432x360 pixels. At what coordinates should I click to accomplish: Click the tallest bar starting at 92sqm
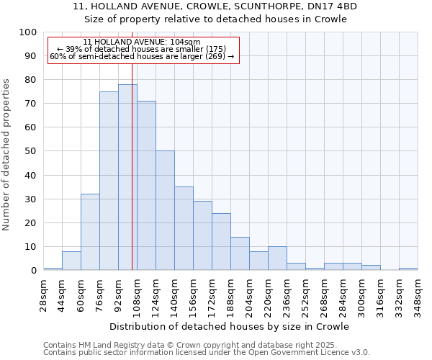pyautogui.click(x=127, y=177)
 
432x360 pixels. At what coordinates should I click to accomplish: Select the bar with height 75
pyautogui.click(x=109, y=181)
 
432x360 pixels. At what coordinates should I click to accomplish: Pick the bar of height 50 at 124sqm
pyautogui.click(x=165, y=210)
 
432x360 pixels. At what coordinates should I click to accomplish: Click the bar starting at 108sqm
pyautogui.click(x=146, y=186)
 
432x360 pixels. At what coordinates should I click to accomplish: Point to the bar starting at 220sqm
pyautogui.click(x=277, y=258)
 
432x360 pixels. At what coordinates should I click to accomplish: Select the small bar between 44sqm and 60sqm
pyautogui.click(x=71, y=261)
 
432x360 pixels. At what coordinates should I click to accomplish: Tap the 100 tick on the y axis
pyautogui.click(x=27, y=32)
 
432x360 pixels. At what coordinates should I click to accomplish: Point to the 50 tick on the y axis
pyautogui.click(x=30, y=151)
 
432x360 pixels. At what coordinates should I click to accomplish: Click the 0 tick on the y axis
pyautogui.click(x=33, y=271)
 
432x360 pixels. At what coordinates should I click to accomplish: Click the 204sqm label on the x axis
pyautogui.click(x=249, y=294)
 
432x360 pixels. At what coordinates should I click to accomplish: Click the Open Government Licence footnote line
pyautogui.click(x=207, y=353)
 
